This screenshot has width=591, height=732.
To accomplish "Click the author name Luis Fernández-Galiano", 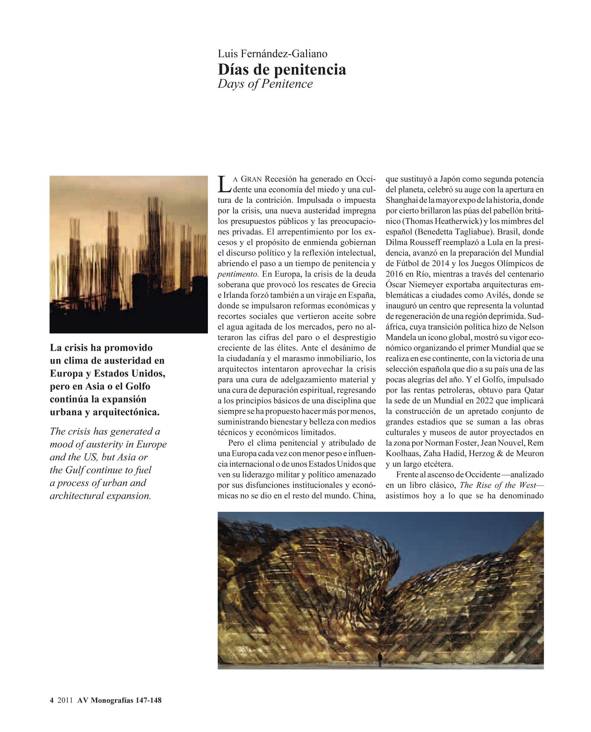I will coord(272,54).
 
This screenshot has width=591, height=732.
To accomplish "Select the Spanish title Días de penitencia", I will coord(282,69).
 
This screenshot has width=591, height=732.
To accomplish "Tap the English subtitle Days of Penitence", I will coord(265,84).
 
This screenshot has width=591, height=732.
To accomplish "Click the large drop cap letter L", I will coord(224,184).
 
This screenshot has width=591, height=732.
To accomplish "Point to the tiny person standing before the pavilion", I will coord(380,660).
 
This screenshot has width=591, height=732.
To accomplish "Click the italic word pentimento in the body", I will coord(238,274).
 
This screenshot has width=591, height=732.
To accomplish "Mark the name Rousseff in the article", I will coord(421,242).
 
